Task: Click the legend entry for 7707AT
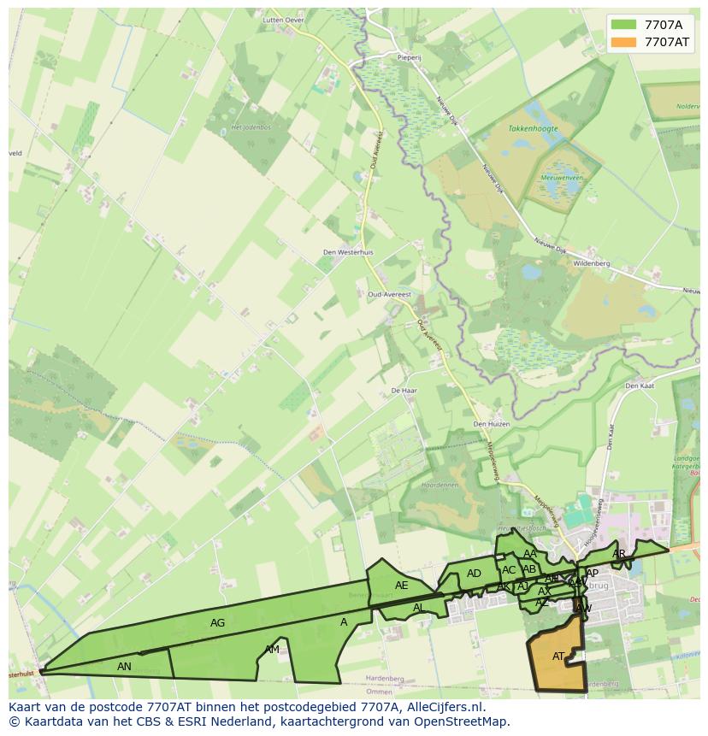(667, 42)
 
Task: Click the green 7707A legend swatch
(624, 25)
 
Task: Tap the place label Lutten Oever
(285, 19)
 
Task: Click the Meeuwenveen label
(562, 178)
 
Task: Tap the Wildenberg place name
(592, 264)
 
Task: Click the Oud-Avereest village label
(389, 294)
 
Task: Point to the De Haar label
(403, 390)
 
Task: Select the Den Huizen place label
(492, 424)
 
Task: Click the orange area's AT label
(558, 657)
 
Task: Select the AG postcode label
(218, 623)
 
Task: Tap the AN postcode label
(125, 666)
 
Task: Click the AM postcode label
(272, 650)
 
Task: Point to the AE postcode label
(402, 586)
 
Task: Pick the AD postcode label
(474, 574)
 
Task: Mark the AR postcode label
(619, 554)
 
